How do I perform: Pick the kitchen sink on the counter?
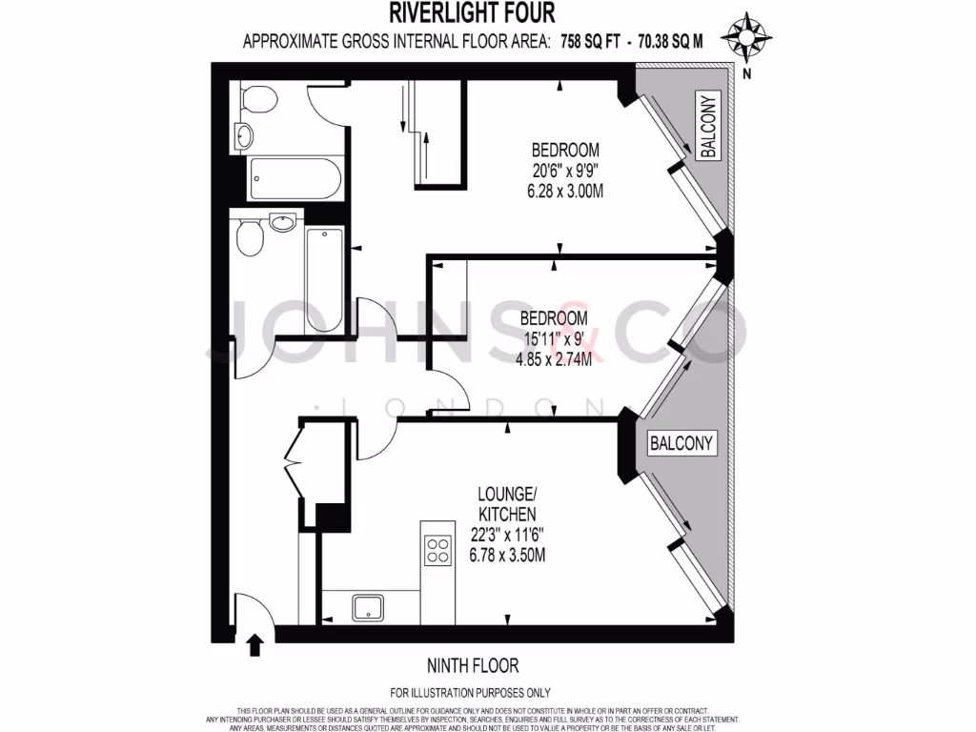pos(368,607)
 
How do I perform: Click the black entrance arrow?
pos(254,646)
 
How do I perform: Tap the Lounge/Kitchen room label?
pos(506,504)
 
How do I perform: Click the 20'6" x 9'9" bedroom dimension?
pos(564,172)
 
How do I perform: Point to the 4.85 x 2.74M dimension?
pos(554,359)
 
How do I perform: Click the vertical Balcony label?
pos(707,127)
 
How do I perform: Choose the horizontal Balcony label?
pos(681,444)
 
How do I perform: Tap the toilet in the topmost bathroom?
pos(258,97)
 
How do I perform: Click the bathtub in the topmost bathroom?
pos(295,177)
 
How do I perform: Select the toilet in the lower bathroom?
pos(249,237)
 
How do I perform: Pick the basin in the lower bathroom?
pos(283,223)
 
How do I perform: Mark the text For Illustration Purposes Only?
pos(471,693)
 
